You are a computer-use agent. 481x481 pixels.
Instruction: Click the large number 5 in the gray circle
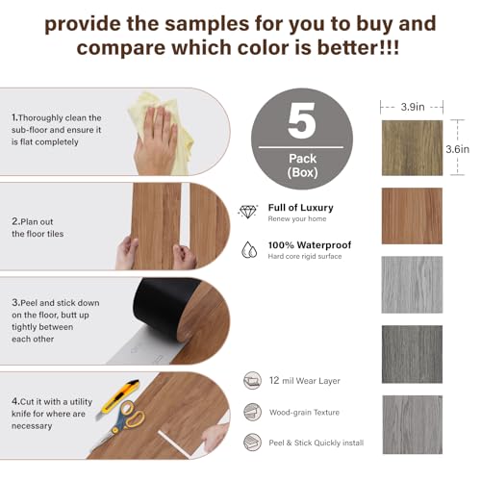301,120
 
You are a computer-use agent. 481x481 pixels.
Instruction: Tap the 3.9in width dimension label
413,107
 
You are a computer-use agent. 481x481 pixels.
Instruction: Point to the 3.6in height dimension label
458,149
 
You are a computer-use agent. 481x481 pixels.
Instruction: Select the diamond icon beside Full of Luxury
247,212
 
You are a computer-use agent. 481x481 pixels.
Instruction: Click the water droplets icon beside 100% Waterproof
249,250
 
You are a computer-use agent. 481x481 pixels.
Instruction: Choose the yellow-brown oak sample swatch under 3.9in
412,148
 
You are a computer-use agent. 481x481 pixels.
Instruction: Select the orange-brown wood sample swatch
412,215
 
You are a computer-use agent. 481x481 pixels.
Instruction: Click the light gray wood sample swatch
412,285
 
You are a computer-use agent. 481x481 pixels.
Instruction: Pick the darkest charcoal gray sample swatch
412,354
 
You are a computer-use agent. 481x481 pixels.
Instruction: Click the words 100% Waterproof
310,245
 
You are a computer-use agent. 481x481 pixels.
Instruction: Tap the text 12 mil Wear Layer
305,381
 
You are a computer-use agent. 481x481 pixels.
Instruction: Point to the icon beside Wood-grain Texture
252,412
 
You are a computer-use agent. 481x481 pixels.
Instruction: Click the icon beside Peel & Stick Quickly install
252,443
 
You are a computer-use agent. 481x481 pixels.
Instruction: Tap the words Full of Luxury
300,208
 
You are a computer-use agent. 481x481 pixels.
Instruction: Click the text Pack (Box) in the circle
302,165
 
